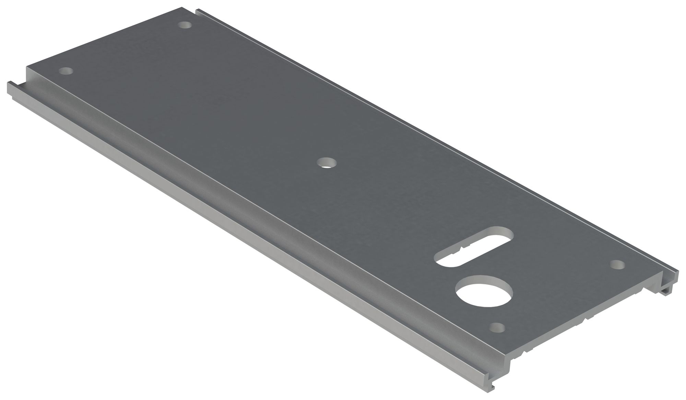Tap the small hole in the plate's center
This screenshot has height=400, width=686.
[x=326, y=162]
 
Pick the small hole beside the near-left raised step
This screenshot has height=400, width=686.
[x=66, y=71]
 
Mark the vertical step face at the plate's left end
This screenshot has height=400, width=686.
[x=29, y=78]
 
